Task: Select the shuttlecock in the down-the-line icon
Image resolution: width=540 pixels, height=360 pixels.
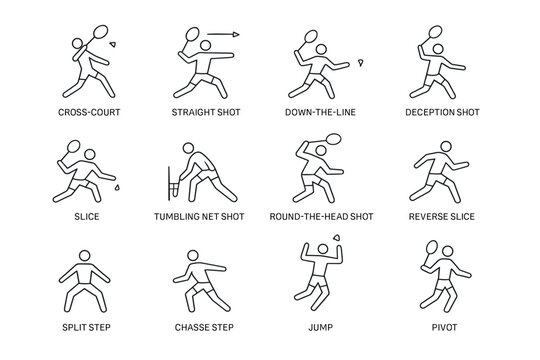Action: click(359, 65)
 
